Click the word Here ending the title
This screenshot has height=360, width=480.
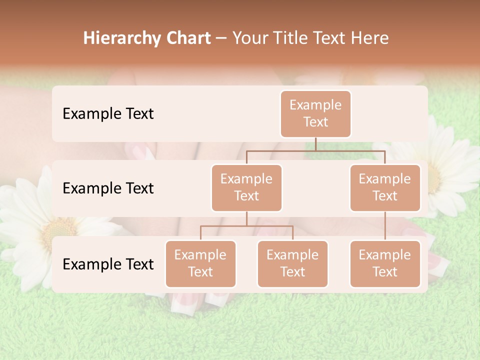[x=370, y=38]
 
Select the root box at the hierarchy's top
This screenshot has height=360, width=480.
[x=315, y=113]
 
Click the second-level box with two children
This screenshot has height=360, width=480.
[x=246, y=187]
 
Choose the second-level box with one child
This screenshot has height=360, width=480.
[x=385, y=187]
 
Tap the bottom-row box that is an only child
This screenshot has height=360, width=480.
[x=385, y=263]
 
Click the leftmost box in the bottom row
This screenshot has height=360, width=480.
[x=200, y=263]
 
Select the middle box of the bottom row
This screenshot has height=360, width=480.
[x=292, y=263]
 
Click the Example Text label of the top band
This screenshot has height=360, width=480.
[x=108, y=113]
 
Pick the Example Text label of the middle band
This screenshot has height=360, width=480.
[x=108, y=188]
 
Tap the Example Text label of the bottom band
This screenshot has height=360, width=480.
[x=108, y=264]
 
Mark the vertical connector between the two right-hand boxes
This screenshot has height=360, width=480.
[x=385, y=226]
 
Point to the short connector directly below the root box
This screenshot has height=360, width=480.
[x=315, y=144]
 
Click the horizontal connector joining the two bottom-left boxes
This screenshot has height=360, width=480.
[x=246, y=226]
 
